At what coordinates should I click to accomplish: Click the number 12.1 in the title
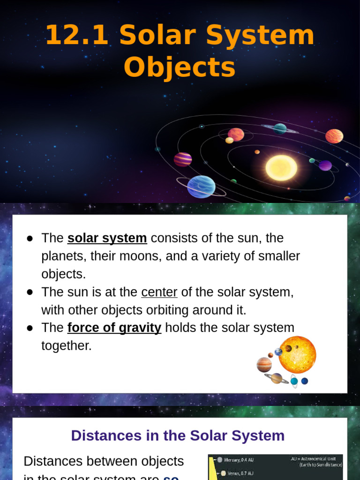(76, 35)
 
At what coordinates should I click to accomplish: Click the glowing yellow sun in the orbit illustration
(281, 168)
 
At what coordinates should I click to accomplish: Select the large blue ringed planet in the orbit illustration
(201, 186)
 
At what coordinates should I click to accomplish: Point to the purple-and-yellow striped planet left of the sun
(182, 159)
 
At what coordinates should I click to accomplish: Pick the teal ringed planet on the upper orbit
(280, 128)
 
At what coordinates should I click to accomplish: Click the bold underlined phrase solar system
(107, 238)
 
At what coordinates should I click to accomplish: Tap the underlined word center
(159, 292)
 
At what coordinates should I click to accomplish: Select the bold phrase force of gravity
(114, 328)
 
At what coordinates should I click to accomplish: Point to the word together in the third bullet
(66, 346)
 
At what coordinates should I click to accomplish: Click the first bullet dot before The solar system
(30, 239)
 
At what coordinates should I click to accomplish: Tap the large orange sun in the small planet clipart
(298, 355)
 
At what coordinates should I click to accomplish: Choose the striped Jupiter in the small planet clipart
(264, 364)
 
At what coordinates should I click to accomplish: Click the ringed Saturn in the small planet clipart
(277, 378)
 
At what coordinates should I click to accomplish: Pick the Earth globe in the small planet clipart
(278, 352)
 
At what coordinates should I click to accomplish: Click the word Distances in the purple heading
(99, 435)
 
